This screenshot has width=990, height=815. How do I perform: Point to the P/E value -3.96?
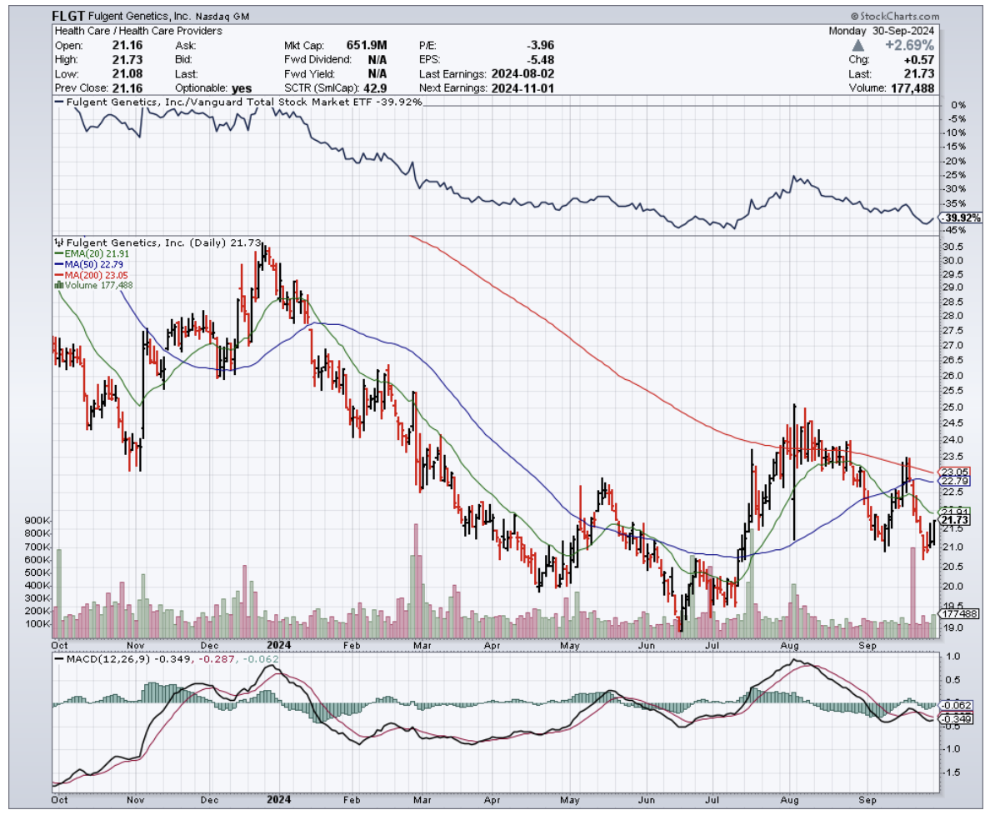click(541, 45)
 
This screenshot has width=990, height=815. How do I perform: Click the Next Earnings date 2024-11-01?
click(523, 87)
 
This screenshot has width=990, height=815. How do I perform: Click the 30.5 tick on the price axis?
click(953, 246)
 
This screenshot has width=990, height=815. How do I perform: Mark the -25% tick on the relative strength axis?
click(955, 175)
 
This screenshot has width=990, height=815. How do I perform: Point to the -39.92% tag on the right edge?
click(958, 217)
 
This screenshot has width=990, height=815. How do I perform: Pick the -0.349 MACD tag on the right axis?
click(953, 718)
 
